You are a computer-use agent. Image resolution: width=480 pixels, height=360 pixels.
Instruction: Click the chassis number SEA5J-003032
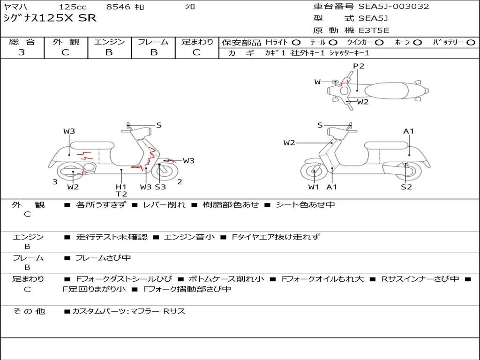coord(394,7)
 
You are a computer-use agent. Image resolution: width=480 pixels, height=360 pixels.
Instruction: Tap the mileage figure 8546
coord(118,7)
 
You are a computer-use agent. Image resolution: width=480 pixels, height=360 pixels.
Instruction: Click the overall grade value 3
coord(22,52)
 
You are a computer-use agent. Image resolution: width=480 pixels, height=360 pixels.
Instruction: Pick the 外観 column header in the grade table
coord(66,42)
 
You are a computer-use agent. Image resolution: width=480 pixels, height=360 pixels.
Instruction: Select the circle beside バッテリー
coord(471,42)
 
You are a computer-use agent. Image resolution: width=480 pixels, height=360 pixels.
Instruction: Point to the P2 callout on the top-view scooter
coord(359,66)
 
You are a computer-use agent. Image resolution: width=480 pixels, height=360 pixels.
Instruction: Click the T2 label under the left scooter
coord(121,194)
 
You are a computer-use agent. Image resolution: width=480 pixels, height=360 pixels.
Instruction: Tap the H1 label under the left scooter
coord(121,187)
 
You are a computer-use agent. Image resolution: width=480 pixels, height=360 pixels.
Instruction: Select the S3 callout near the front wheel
coord(160,187)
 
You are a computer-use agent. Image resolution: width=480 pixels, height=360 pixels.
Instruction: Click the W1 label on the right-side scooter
coord(314,187)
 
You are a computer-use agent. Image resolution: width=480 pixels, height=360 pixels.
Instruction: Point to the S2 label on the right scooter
coord(406,187)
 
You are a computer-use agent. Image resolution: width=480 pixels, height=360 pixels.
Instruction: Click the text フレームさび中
coord(103,258)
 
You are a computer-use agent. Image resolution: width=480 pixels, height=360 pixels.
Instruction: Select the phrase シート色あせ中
coord(305,204)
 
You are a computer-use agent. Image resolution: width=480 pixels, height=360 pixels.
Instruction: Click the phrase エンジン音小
coord(189,237)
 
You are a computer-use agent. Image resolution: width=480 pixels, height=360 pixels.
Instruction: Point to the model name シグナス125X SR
coord(50,18)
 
